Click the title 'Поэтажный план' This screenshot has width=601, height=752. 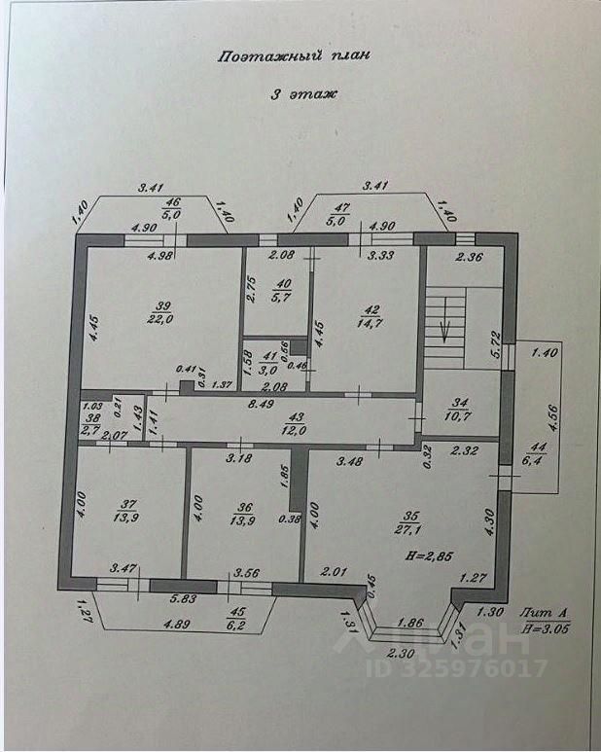(x=293, y=55)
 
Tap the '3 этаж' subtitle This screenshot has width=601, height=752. (x=302, y=94)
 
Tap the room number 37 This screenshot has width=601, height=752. (x=124, y=504)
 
